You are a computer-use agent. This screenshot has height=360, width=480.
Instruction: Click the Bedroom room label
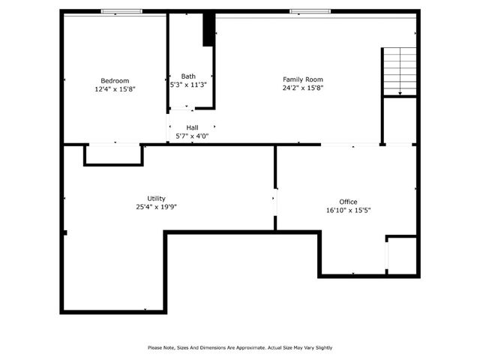point(115,80)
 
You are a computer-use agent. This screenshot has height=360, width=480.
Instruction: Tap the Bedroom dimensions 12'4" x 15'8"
point(115,88)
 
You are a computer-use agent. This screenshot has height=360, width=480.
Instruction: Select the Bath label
point(188,76)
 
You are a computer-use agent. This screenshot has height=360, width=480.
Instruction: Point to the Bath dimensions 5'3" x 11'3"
point(188,85)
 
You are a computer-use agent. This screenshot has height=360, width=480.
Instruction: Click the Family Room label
point(303,79)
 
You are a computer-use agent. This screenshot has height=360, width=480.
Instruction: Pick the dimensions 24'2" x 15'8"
point(303,88)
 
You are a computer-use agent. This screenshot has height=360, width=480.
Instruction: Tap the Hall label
point(192,127)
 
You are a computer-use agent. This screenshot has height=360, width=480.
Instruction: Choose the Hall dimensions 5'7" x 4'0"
point(192,136)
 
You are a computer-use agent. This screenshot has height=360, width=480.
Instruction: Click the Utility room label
point(156,198)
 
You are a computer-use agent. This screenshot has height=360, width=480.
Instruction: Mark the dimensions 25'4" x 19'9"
point(156,207)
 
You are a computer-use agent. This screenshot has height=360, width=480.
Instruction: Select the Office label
point(348,201)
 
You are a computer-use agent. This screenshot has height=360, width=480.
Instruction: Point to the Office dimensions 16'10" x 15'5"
point(348,210)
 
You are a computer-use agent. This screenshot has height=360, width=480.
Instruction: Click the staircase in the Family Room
point(400,71)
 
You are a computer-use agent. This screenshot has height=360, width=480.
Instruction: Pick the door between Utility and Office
point(274,200)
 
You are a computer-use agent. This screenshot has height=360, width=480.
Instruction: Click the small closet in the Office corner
point(402,256)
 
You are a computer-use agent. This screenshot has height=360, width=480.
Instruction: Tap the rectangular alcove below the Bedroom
point(113,154)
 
